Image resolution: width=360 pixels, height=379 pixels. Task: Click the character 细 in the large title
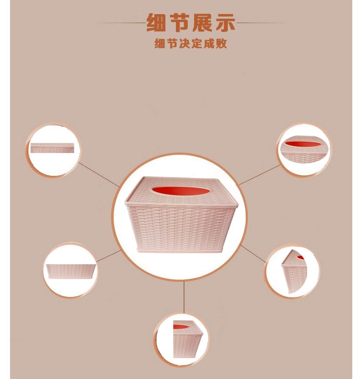156,22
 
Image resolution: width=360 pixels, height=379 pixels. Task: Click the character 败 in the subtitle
221,44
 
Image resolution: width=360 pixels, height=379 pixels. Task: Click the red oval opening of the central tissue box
180,190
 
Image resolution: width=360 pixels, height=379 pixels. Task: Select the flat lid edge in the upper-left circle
52,144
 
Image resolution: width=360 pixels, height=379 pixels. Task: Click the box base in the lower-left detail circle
70,271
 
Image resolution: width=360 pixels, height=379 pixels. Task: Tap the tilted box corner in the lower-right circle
293,271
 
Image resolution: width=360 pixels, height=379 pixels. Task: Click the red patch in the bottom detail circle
180,327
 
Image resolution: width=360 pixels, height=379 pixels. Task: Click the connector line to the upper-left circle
98,174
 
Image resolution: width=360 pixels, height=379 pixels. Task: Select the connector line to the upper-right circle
259,175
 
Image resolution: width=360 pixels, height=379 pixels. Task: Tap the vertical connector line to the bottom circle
184,297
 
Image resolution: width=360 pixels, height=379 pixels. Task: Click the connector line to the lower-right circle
253,254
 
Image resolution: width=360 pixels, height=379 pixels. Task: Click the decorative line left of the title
121,23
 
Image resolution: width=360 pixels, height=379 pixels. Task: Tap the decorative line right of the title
261,23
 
